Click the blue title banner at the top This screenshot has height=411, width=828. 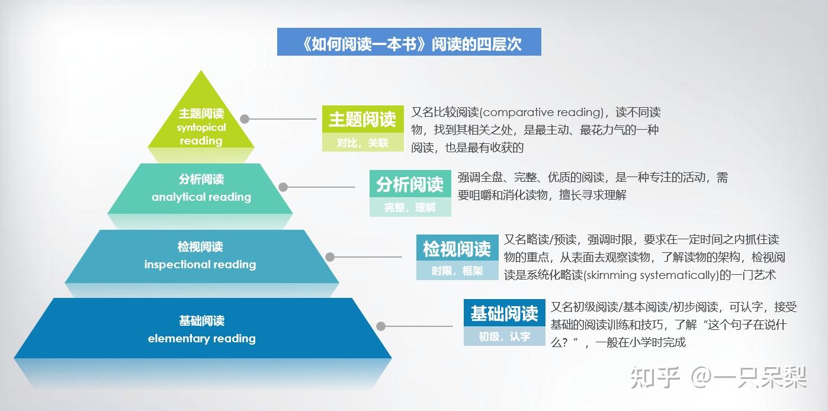[409, 42]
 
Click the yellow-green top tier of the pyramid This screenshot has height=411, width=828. [201, 125]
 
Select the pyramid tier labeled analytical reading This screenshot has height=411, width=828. [201, 188]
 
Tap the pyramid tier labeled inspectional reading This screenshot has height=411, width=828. [201, 256]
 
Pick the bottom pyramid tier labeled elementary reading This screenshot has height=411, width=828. [202, 329]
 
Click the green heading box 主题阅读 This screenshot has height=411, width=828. [362, 120]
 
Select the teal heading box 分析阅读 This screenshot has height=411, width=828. [410, 185]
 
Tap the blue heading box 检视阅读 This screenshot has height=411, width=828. [457, 249]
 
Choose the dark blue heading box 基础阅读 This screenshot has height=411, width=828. [504, 313]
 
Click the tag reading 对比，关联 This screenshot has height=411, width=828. [362, 143]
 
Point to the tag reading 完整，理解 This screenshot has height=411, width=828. [410, 207]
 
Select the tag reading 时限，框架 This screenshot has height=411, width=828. [457, 271]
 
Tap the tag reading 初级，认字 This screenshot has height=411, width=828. [504, 336]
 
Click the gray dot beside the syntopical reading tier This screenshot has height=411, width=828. [245, 118]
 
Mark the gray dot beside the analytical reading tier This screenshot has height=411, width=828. [283, 187]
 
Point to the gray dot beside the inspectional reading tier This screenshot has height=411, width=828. [330, 257]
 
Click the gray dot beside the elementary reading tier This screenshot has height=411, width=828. [381, 326]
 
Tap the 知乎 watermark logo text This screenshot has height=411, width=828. [654, 377]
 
